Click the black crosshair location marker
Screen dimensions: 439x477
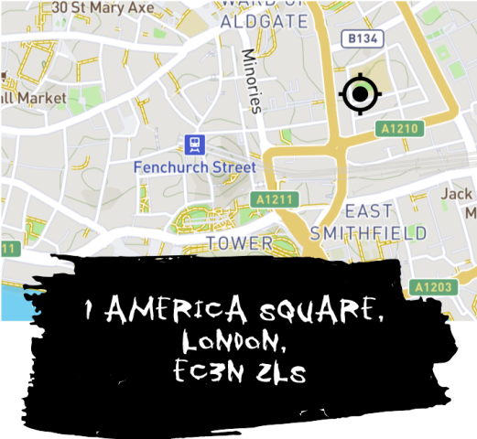click(360, 92)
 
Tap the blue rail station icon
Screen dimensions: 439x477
click(193, 145)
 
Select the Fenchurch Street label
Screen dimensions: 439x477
click(194, 167)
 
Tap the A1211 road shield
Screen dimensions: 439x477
click(274, 199)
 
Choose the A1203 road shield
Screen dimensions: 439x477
click(432, 288)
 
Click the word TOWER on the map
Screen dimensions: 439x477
click(239, 243)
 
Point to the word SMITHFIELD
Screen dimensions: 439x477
click(368, 233)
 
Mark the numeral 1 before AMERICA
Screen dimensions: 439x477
click(89, 313)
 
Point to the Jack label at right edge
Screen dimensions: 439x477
click(456, 194)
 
